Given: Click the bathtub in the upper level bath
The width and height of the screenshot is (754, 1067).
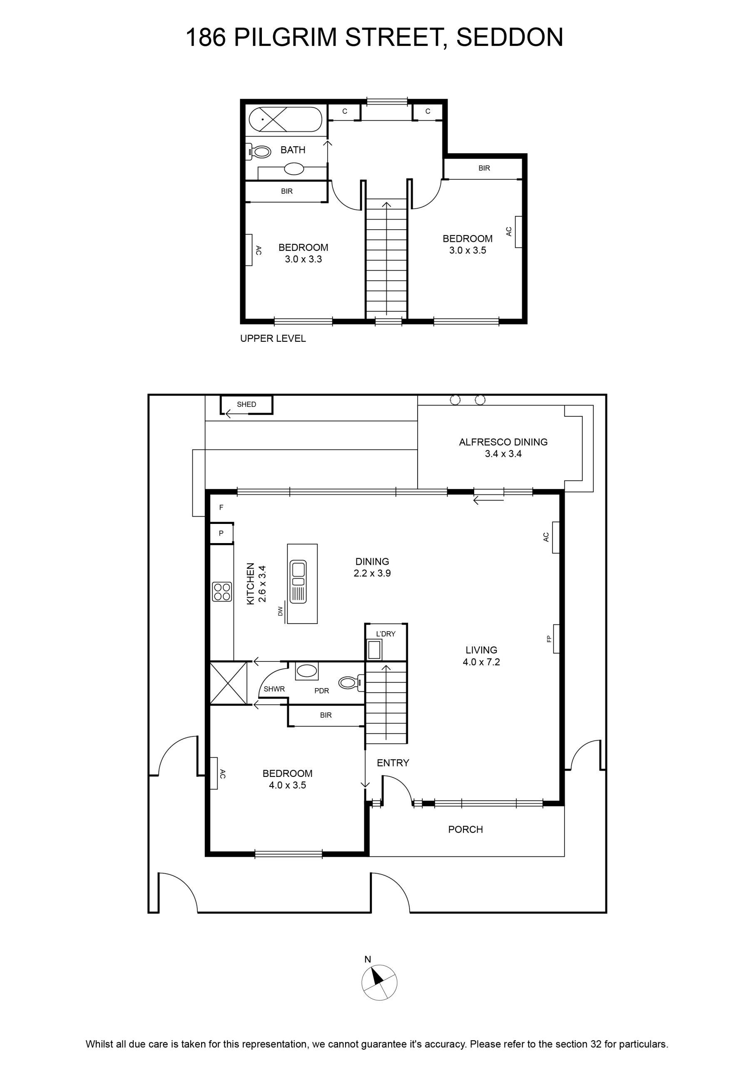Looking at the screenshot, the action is click(285, 120).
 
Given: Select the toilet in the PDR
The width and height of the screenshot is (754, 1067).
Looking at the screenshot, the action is click(351, 683).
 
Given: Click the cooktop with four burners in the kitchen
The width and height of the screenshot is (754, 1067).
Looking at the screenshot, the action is click(222, 591).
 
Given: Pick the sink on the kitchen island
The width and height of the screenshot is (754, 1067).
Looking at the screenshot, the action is click(298, 581).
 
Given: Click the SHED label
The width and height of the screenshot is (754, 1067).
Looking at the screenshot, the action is click(246, 404).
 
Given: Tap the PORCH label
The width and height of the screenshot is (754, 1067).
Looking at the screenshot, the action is click(465, 829).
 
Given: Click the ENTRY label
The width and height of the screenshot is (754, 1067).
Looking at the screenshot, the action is click(393, 763).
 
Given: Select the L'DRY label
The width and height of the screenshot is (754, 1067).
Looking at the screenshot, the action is click(386, 634).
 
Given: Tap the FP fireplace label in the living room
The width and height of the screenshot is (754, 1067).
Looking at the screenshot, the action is click(549, 639).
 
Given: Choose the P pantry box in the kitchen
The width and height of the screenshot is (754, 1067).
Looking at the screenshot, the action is click(221, 533).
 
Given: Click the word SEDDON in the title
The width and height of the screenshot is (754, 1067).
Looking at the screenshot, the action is click(510, 37).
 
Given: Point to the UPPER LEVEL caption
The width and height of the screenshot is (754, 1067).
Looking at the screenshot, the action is click(273, 338).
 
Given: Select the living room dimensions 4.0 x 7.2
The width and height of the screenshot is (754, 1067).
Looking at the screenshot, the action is click(481, 662).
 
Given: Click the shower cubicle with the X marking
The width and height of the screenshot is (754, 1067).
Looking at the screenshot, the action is click(229, 683).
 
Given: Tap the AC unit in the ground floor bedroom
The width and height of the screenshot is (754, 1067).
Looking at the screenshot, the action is click(214, 773).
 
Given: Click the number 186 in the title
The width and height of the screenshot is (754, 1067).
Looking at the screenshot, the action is click(206, 37).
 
